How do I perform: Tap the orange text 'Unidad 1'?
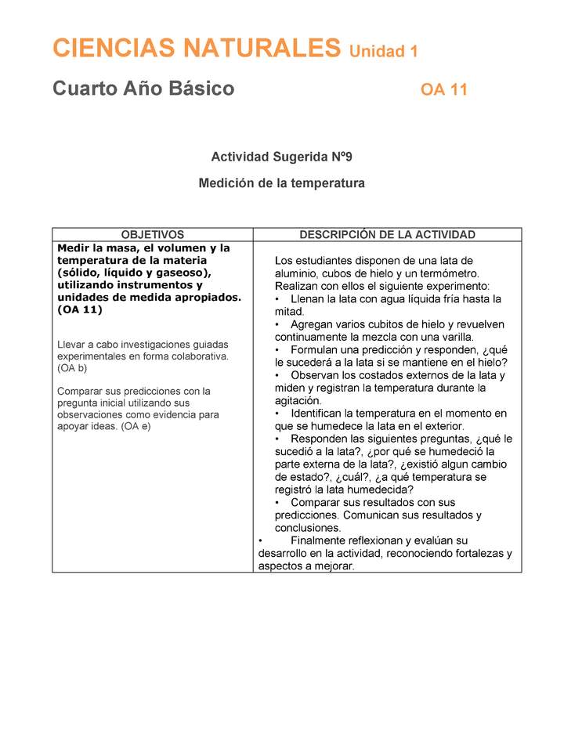[x=383, y=52]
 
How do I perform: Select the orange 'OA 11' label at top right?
[x=443, y=90]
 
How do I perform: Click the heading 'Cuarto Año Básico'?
[x=143, y=89]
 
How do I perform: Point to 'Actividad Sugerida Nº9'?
[x=282, y=157]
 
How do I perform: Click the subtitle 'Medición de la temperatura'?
[x=282, y=183]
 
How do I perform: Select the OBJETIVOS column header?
[x=153, y=234]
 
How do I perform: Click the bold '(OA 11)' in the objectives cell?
[x=80, y=309]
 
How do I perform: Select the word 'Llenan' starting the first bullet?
[x=306, y=299]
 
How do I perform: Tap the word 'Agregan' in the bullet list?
[x=311, y=324]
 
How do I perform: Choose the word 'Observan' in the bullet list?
[x=313, y=375]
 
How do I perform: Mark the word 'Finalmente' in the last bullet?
[x=319, y=540]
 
